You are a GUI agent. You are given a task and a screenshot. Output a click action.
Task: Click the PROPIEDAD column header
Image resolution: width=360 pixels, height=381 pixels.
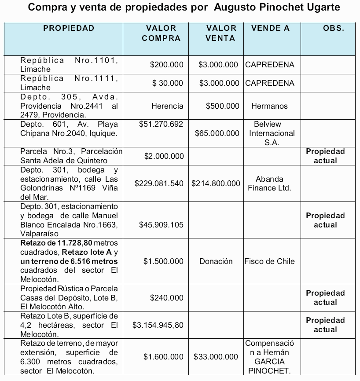point(69,29)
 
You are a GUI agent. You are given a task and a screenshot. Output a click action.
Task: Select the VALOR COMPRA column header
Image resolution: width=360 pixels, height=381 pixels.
point(161,33)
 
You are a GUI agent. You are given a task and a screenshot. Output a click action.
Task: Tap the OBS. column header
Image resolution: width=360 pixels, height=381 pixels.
point(333,29)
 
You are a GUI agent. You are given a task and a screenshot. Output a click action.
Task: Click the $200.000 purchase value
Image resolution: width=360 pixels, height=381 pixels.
point(166,65)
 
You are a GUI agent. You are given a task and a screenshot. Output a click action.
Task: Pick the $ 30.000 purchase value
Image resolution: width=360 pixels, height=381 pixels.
point(168,83)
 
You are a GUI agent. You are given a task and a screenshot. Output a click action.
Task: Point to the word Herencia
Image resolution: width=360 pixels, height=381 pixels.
point(167,106)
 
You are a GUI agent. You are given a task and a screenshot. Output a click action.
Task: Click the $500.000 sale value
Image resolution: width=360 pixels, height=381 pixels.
point(223,106)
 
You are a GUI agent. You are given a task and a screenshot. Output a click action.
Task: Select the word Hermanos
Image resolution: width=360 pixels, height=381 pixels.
point(269,106)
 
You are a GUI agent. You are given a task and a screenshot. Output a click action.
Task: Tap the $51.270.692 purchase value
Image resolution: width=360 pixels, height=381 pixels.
point(161,124)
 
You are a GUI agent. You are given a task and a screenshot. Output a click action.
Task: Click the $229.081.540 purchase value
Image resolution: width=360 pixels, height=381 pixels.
point(159,183)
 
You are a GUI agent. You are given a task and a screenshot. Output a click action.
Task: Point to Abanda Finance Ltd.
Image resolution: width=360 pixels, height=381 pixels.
point(272,183)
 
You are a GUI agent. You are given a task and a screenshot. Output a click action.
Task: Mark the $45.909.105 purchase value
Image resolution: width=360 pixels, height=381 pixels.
point(161,225)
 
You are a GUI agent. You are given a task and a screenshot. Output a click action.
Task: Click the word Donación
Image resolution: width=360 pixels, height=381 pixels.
point(216,261)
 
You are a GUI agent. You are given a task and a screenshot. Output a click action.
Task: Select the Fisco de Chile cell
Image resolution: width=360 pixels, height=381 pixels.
point(270,261)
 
